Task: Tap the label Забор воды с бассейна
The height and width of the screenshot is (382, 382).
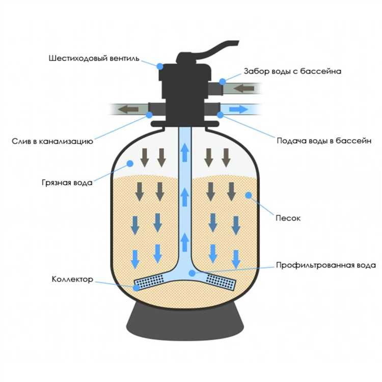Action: click(292, 71)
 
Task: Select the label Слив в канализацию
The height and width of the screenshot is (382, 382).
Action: click(51, 141)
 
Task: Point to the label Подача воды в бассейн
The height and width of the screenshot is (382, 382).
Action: click(324, 141)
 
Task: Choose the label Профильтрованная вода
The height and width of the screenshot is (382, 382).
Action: click(325, 265)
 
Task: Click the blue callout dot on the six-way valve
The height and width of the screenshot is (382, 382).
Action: click(160, 66)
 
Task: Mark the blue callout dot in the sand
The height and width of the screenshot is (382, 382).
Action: click(248, 195)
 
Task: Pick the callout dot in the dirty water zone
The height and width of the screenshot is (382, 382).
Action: click(130, 163)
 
